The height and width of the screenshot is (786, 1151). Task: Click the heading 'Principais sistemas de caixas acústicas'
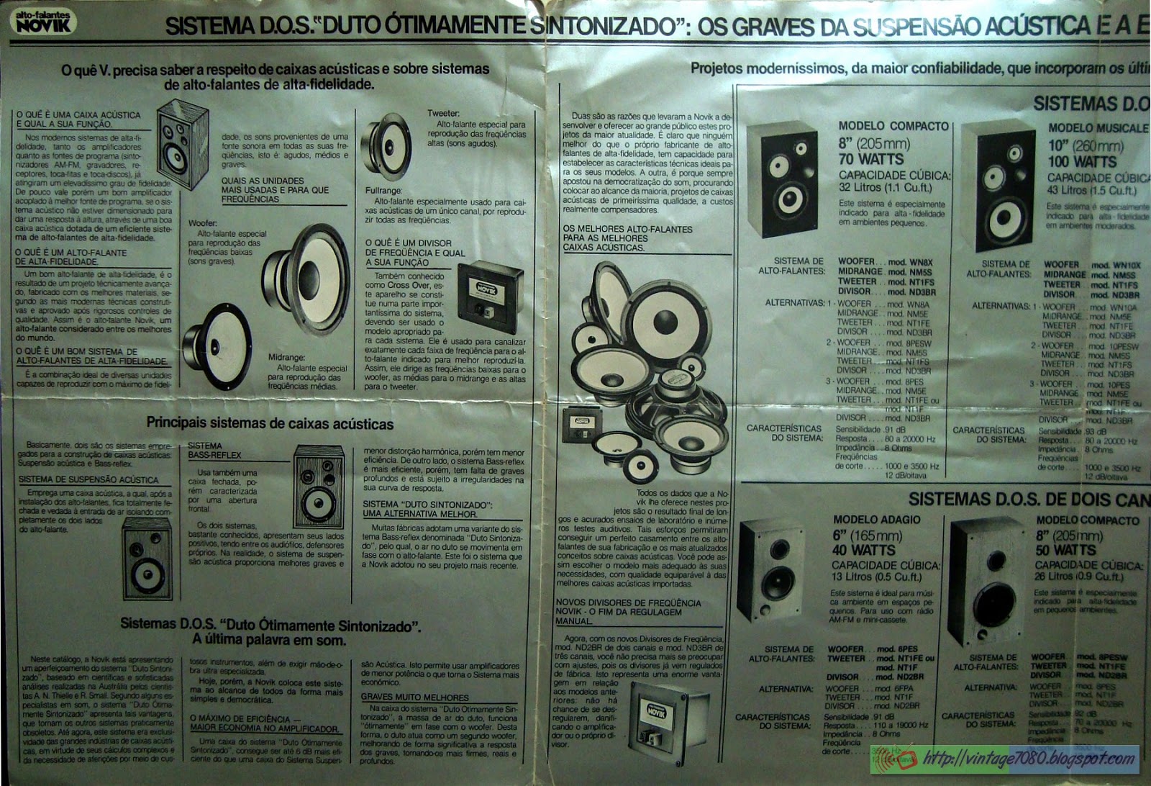point(270,423)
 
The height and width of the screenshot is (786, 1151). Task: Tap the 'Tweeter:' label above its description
point(443,113)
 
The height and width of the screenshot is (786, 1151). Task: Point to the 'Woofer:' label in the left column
point(202,224)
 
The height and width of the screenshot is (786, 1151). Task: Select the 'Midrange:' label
point(286,357)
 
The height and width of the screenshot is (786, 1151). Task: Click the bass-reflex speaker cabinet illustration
point(318,487)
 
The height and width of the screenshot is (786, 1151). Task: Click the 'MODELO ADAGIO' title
point(876,519)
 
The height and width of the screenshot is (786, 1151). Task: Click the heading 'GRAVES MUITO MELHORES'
point(416,697)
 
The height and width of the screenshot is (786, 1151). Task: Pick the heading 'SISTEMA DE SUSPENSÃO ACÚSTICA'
point(88,479)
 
